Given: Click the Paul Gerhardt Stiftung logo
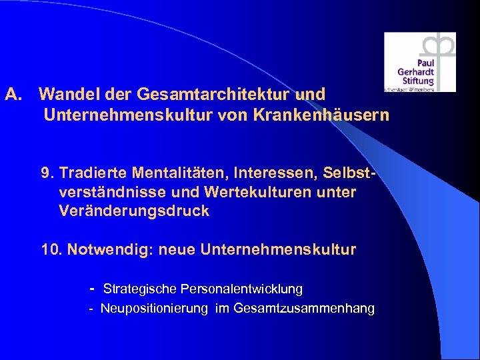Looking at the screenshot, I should pyautogui.click(x=419, y=61).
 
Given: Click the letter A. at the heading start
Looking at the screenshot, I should pyautogui.click(x=14, y=95).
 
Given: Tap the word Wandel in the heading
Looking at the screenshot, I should pyautogui.click(x=64, y=95).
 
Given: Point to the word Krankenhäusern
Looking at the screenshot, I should pyautogui.click(x=321, y=115).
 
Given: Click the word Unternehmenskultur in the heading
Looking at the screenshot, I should pyautogui.click(x=128, y=115).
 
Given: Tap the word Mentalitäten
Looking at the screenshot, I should pyautogui.click(x=173, y=174).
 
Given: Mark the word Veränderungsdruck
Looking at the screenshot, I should pyautogui.click(x=134, y=211).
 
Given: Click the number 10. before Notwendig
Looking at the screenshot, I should pyautogui.click(x=52, y=250).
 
